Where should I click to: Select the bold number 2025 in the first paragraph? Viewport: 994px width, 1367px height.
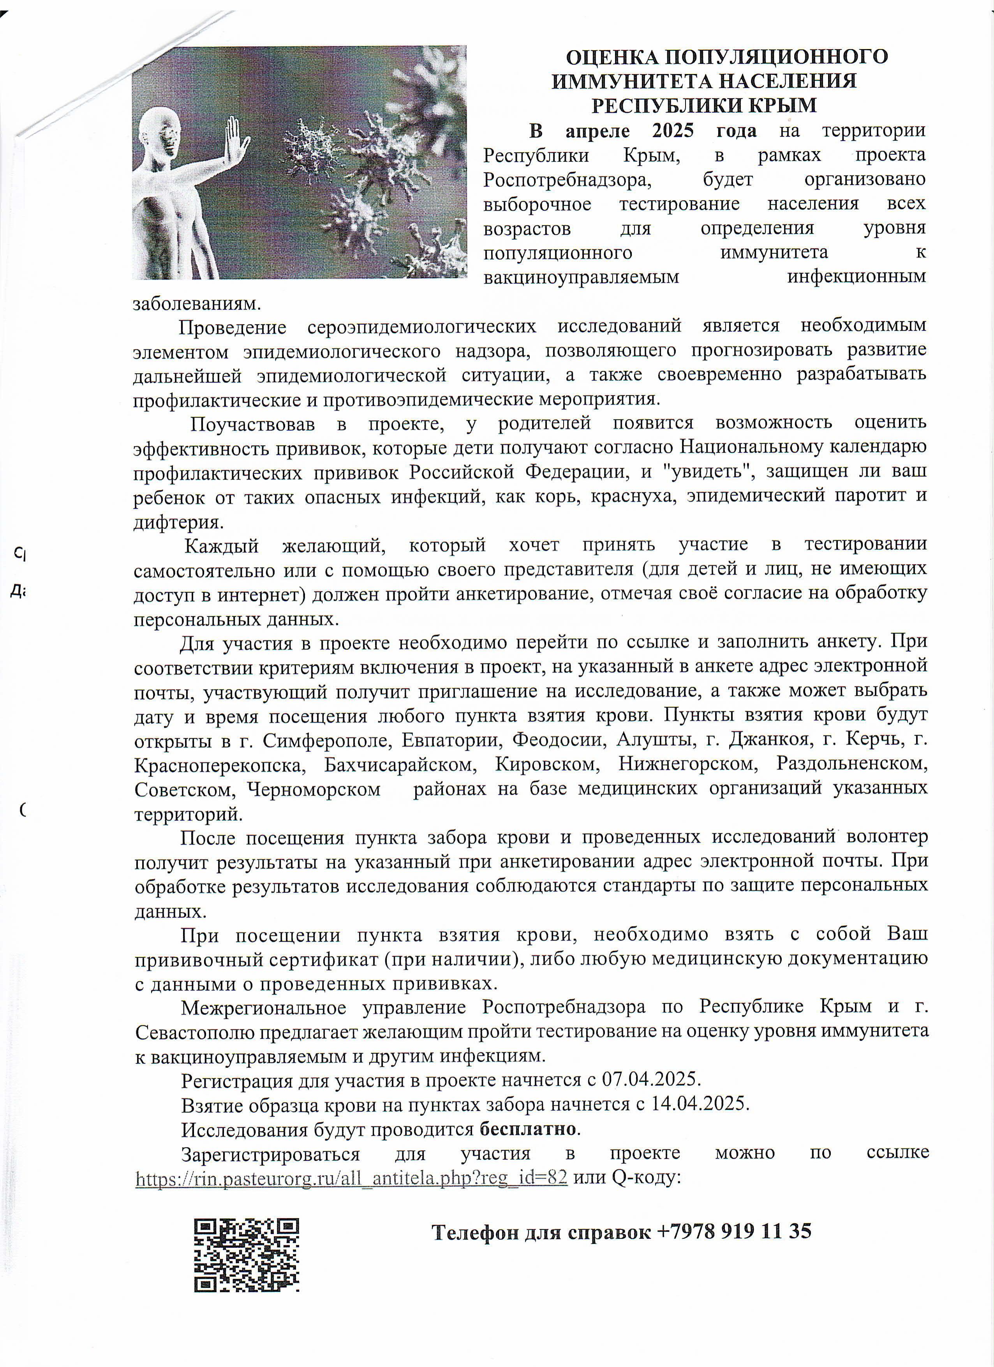[x=673, y=131]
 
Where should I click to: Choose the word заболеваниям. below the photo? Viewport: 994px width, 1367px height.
[x=197, y=303]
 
